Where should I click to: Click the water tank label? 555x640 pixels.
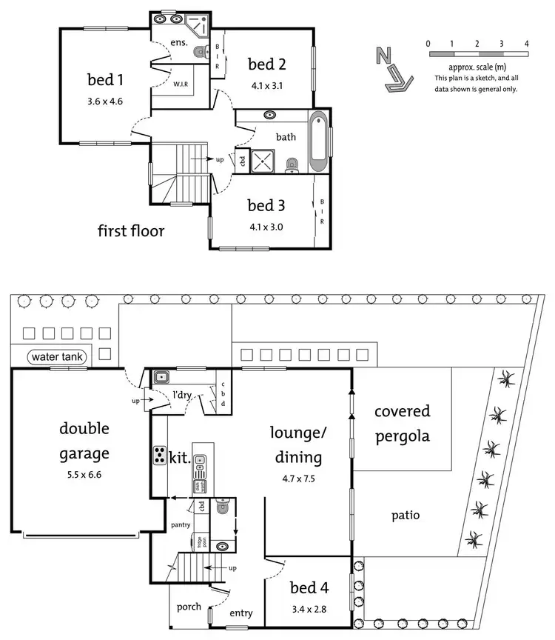(x=58, y=358)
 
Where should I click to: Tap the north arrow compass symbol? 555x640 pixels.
(x=392, y=70)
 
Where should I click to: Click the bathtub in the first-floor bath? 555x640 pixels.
(x=320, y=141)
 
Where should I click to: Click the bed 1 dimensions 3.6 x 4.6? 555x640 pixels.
(x=104, y=101)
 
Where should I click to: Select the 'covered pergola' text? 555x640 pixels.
(x=402, y=423)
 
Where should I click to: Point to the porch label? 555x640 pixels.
(x=189, y=607)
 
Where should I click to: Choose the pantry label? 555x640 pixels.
(x=180, y=525)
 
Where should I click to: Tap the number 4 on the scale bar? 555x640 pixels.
(x=526, y=44)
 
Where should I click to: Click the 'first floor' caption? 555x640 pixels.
(x=131, y=231)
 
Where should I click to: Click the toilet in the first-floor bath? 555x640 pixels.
(x=292, y=162)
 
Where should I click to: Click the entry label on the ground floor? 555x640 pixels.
(x=241, y=613)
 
